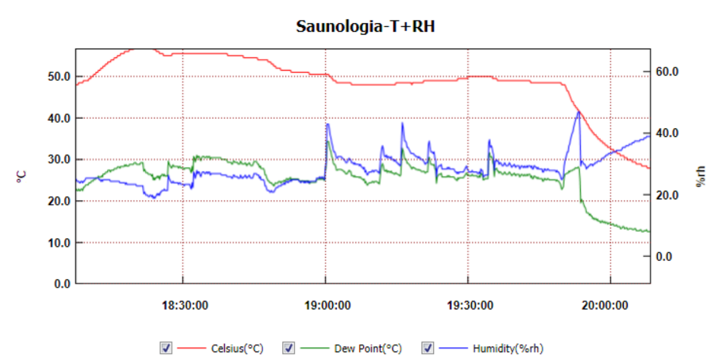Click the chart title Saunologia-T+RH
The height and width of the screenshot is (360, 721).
pyautogui.click(x=365, y=26)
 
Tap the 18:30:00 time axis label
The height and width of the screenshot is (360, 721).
pyautogui.click(x=185, y=305)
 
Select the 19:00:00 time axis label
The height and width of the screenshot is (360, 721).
pyautogui.click(x=327, y=305)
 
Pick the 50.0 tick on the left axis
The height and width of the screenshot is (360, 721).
pyautogui.click(x=57, y=76)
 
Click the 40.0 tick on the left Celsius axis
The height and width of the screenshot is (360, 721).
pyautogui.click(x=57, y=118)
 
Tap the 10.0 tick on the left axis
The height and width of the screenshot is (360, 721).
pyautogui.click(x=57, y=243)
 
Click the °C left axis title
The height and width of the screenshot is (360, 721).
pyautogui.click(x=21, y=176)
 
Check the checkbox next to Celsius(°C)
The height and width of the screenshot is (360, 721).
pyautogui.click(x=165, y=348)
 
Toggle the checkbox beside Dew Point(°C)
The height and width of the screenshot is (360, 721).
pyautogui.click(x=288, y=348)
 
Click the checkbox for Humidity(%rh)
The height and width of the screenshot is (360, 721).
pyautogui.click(x=427, y=348)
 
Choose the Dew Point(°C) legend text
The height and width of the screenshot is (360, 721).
pyautogui.click(x=368, y=349)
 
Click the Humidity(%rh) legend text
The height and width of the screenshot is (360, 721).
pyautogui.click(x=508, y=349)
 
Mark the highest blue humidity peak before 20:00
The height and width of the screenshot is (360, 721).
pyautogui.click(x=579, y=112)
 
